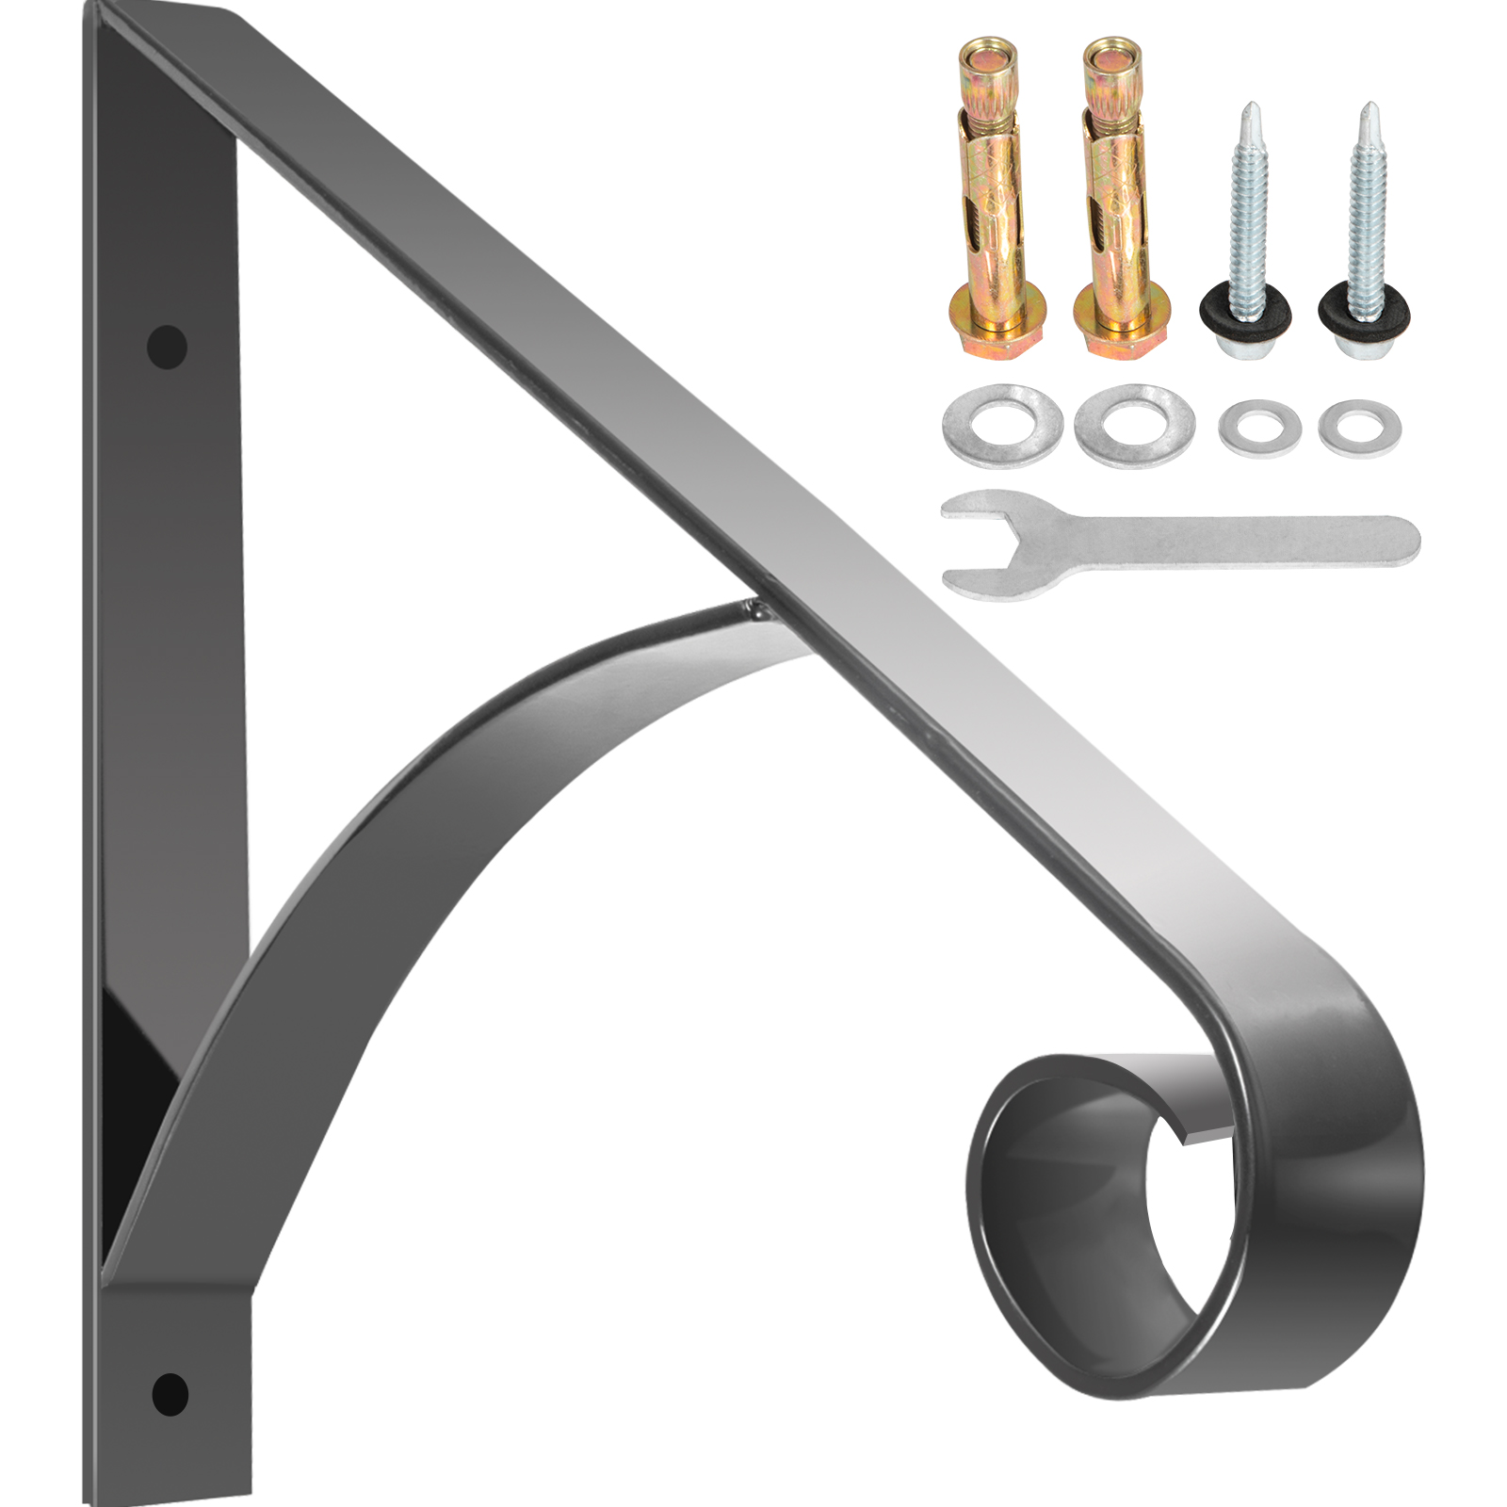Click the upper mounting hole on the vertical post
[167, 346]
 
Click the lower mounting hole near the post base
[170, 1393]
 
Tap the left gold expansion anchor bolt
[997, 198]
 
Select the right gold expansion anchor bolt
[1121, 198]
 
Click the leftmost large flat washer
[1002, 424]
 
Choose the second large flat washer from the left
[1134, 424]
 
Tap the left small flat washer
[1260, 429]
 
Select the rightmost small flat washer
[1359, 429]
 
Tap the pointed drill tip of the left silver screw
[1252, 113]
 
